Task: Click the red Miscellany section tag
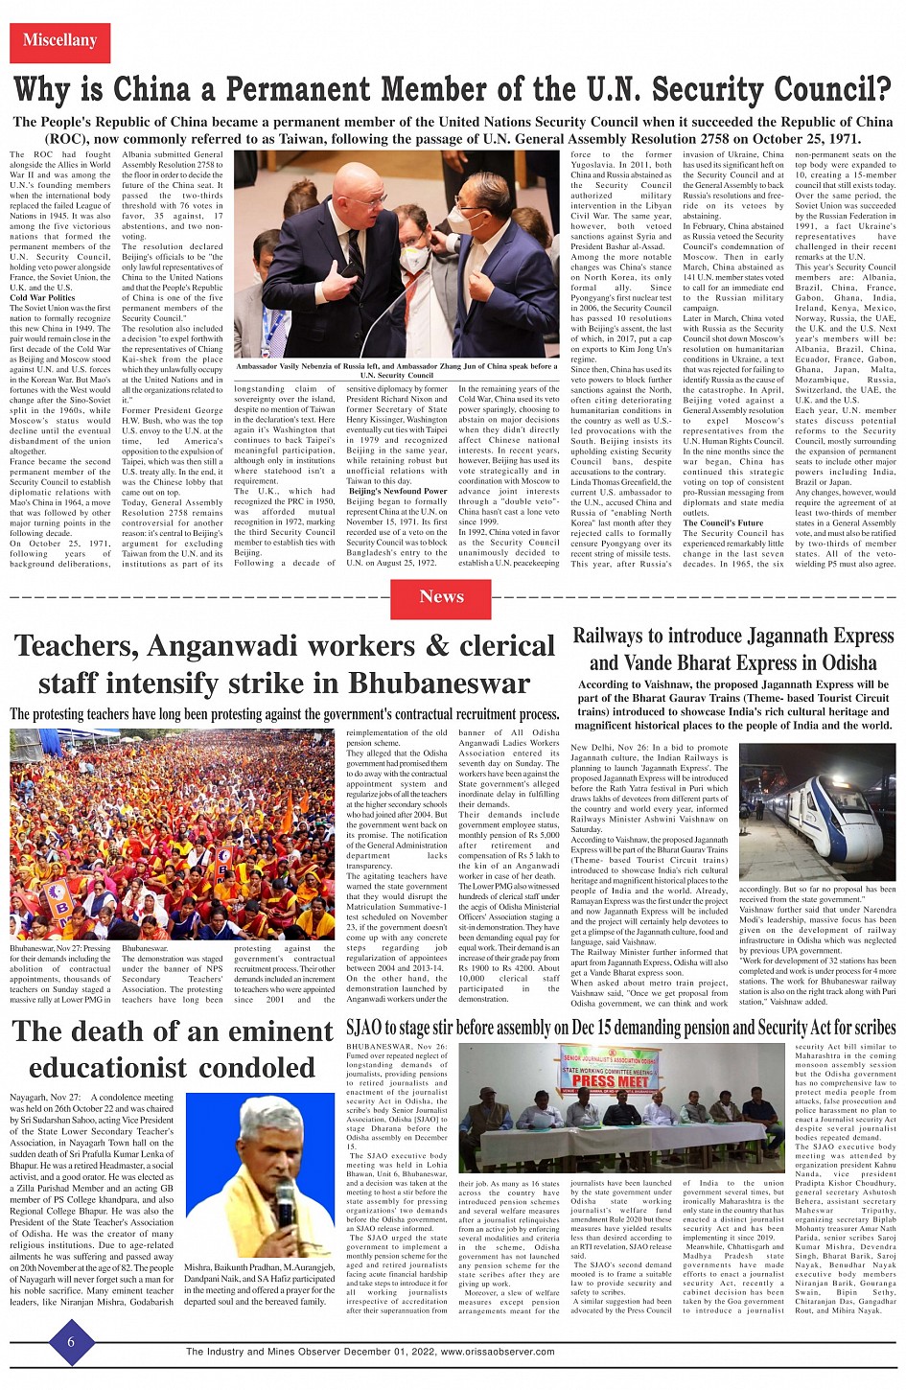pos(59,41)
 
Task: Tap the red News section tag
pos(441,597)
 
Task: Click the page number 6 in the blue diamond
pos(70,1342)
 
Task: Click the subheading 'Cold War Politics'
pos(42,298)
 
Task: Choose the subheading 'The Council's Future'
pos(724,522)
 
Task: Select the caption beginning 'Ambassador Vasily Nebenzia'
pos(396,369)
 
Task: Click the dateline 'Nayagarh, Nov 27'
pos(45,1097)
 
